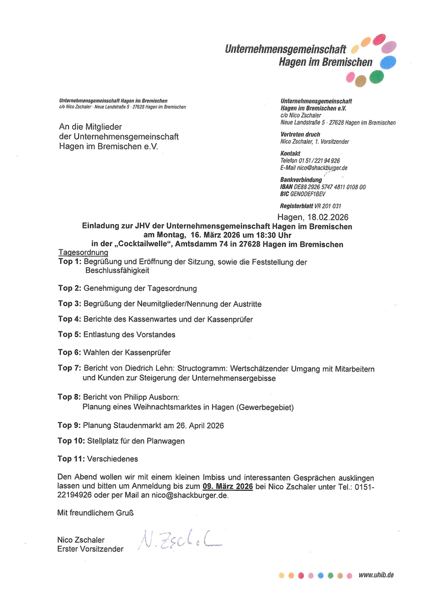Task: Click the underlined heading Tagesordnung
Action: pyautogui.click(x=83, y=253)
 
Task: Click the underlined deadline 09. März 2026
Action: pyautogui.click(x=228, y=487)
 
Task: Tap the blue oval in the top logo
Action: pyautogui.click(x=387, y=62)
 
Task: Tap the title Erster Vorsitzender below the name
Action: pyautogui.click(x=90, y=549)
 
